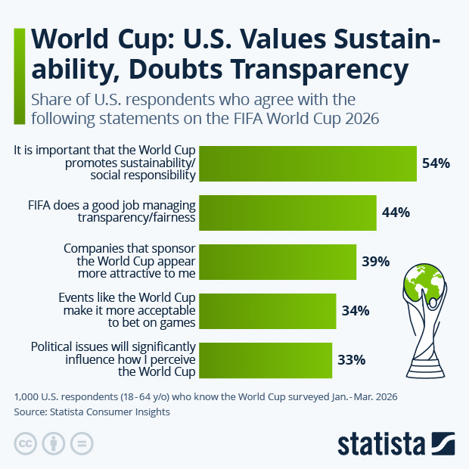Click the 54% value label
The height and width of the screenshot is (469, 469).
click(436, 163)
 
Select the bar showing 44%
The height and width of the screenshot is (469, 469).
click(288, 213)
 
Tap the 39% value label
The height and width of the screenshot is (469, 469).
click(375, 262)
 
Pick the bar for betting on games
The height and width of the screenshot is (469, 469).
click(268, 311)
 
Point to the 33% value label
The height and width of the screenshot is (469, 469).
click(351, 360)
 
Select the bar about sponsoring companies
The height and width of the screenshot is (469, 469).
click(278, 262)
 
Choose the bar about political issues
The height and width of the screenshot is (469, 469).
click(266, 360)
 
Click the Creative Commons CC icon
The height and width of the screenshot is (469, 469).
click(26, 443)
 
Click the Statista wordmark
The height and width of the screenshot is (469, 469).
click(382, 443)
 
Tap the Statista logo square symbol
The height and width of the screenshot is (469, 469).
click(443, 443)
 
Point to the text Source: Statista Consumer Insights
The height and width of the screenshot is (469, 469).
click(92, 412)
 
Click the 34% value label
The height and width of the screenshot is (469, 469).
click(355, 311)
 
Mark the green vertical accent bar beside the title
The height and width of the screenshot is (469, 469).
click(18, 76)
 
